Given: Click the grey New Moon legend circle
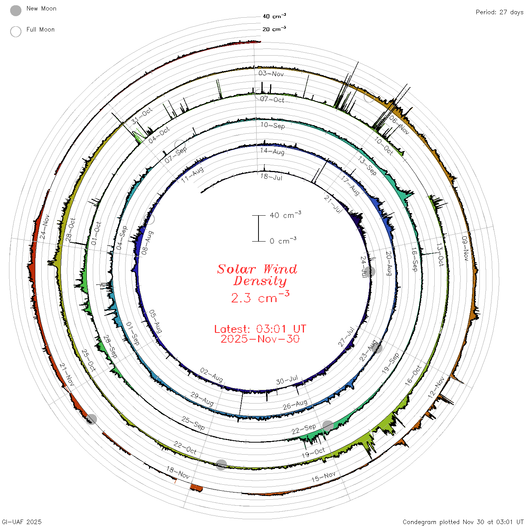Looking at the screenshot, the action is (x=16, y=11).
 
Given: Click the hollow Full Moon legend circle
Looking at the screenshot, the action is (x=16, y=32).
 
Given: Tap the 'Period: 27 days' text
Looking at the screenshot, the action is (x=499, y=12).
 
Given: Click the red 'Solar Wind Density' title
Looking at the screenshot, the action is (x=257, y=275).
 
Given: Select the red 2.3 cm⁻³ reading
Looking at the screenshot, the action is (x=260, y=297).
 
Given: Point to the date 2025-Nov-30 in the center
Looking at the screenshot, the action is (x=260, y=339).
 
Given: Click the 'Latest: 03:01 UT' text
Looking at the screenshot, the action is (x=260, y=329).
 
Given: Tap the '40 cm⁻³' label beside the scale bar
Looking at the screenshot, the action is (x=286, y=215).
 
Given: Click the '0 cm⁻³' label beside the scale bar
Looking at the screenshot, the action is (x=283, y=241).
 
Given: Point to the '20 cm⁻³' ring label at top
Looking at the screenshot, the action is (x=274, y=29).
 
